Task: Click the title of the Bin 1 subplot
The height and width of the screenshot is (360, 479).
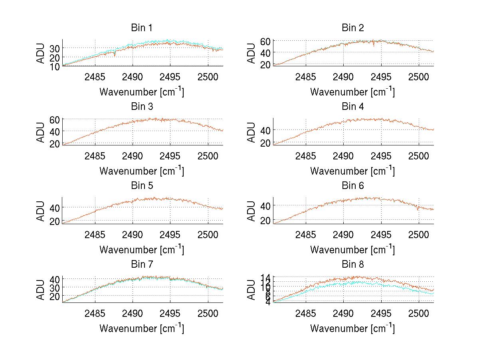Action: [142, 28]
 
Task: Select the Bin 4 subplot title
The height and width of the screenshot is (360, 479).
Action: [353, 107]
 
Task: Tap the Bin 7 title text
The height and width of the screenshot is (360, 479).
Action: [142, 265]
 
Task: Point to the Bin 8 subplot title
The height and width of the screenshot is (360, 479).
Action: [353, 265]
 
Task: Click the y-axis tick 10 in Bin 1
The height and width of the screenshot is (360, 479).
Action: [55, 66]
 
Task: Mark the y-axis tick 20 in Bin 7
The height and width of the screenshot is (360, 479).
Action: [55, 296]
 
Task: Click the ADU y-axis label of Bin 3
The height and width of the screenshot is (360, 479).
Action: [41, 132]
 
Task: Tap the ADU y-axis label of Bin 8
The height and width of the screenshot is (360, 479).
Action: [252, 289]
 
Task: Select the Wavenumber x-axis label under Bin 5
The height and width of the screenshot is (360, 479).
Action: [142, 249]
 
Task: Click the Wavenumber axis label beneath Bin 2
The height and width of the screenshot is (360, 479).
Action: [353, 92]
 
